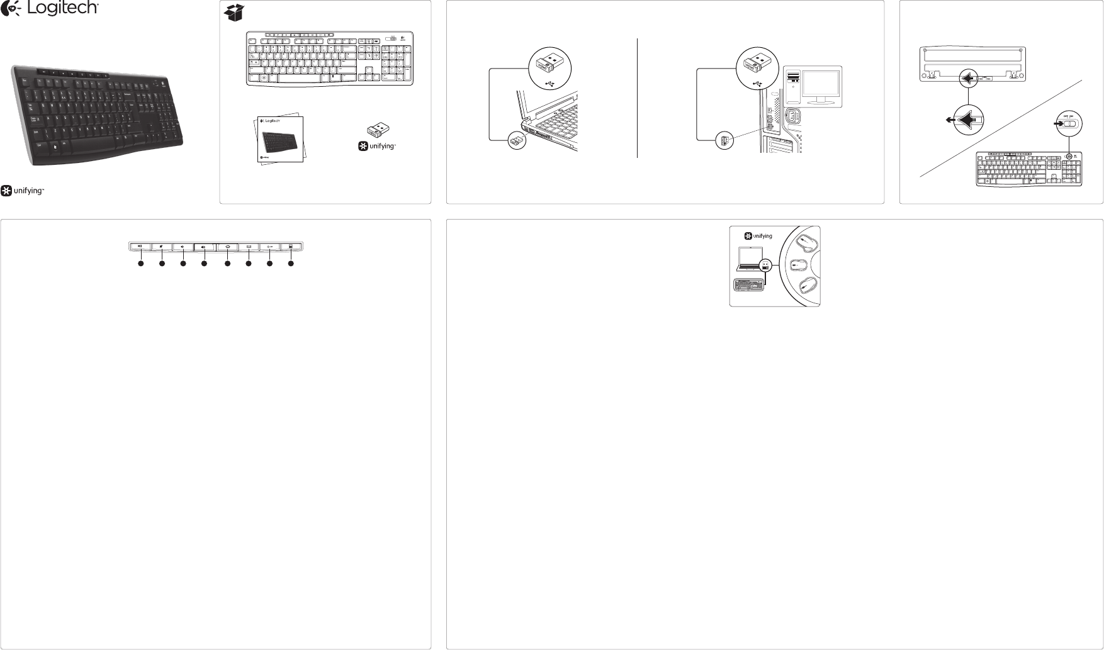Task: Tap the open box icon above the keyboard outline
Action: tap(234, 13)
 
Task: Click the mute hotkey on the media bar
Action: tap(162, 247)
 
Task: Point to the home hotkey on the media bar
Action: tap(227, 247)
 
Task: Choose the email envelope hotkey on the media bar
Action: tap(249, 247)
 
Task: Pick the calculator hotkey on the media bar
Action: tap(291, 247)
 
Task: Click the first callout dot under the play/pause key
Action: tap(141, 264)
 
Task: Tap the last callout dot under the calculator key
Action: tap(291, 264)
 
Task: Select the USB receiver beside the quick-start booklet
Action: tap(378, 129)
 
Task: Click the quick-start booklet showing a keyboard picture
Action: tap(280, 140)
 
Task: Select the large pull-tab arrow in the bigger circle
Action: tap(969, 120)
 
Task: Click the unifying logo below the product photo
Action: tap(23, 191)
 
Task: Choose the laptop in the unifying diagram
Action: tap(749, 260)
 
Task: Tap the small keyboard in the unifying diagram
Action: tap(749, 284)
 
